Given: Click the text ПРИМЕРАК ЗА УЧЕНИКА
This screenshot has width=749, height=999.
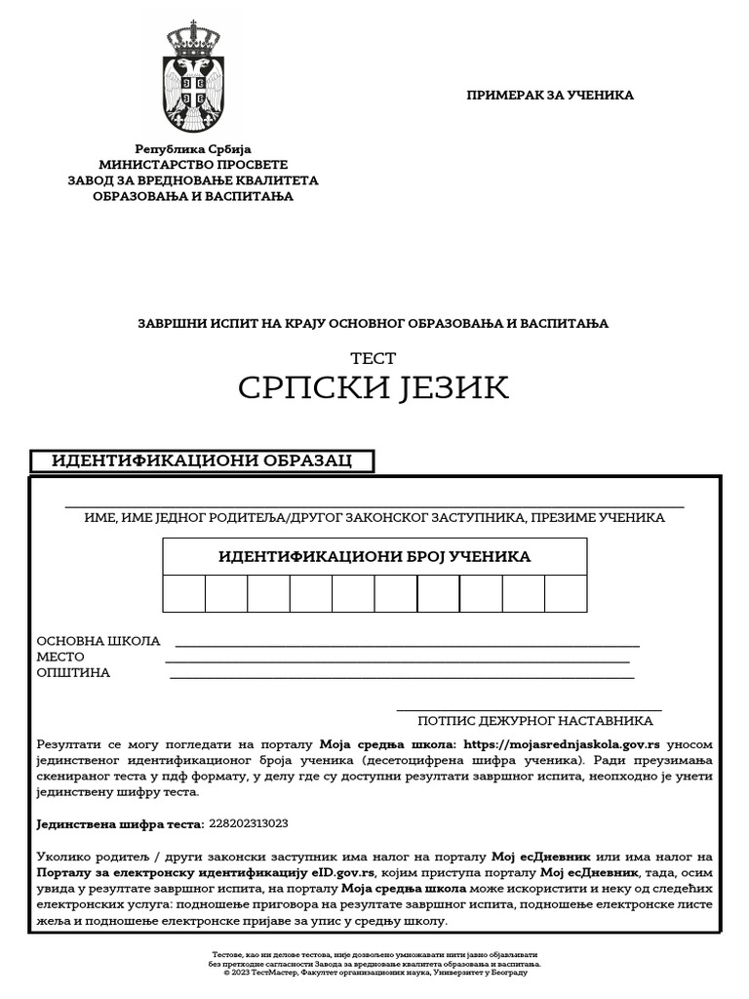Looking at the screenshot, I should [550, 96].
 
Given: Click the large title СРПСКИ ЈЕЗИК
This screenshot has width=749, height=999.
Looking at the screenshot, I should [374, 387].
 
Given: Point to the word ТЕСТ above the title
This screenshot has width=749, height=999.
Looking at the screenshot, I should [374, 359].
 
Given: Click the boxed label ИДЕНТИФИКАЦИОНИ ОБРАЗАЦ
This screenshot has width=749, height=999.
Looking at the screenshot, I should [201, 460].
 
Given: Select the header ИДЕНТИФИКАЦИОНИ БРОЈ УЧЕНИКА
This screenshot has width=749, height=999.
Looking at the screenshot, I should [374, 556].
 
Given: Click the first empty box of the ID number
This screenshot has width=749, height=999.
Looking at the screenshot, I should [184, 593].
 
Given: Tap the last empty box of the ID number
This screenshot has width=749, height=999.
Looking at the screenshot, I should [565, 593].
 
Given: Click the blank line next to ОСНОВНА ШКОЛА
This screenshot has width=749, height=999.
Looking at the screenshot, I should [406, 644].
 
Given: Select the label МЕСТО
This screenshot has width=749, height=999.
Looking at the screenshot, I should [60, 658].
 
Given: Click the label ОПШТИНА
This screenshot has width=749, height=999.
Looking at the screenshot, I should [73, 673].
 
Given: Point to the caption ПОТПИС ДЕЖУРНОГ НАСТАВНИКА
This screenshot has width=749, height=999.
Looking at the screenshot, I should [534, 721].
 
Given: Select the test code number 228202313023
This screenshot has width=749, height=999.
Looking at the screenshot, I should [249, 824].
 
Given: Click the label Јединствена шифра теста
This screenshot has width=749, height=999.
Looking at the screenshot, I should [119, 824].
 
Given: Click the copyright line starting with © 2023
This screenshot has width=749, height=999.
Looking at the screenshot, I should [374, 973].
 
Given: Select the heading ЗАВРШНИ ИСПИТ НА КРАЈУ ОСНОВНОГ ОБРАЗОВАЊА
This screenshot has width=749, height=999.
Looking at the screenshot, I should [373, 323].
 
